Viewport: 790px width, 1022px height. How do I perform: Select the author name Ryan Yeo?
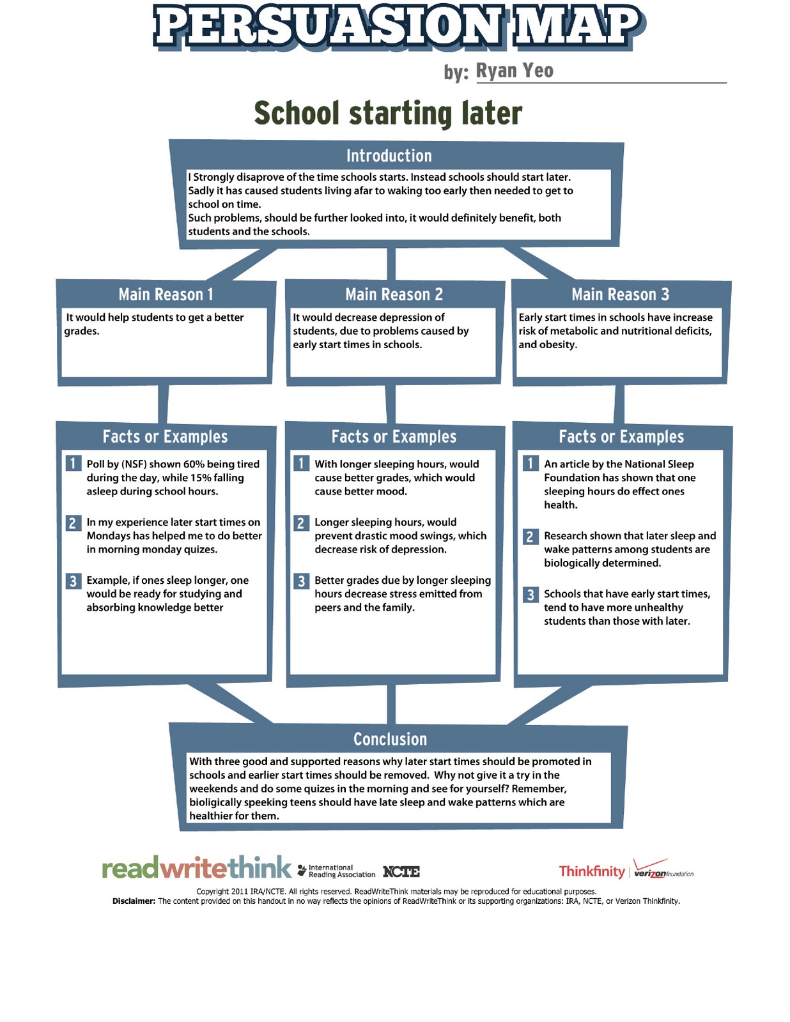tap(515, 71)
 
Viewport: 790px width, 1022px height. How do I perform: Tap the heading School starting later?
tap(388, 113)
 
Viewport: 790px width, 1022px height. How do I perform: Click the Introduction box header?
tap(389, 156)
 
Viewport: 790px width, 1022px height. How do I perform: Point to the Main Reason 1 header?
tap(166, 294)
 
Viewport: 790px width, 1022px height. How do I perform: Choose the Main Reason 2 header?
tap(394, 294)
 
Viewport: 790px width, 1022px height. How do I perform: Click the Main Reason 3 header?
tap(620, 294)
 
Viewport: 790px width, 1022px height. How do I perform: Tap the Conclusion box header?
tap(390, 739)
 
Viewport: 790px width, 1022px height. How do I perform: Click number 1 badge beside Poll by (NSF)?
tap(73, 463)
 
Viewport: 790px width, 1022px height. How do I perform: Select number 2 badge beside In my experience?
tap(73, 522)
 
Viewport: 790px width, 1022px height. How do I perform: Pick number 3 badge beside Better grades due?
tap(301, 581)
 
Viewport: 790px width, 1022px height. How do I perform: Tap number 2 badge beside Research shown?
tap(530, 537)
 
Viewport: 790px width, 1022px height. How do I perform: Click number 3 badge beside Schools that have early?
tap(530, 595)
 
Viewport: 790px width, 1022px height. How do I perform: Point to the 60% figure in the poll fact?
tap(194, 464)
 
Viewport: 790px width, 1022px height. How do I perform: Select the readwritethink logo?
tap(196, 869)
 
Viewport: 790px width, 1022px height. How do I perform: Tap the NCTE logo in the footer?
tap(401, 872)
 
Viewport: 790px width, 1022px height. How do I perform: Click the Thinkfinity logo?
tap(591, 871)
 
